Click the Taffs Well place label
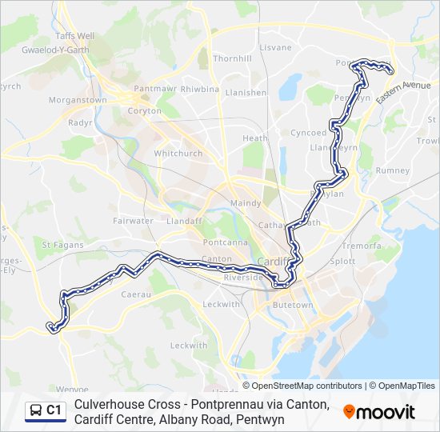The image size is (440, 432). click(x=74, y=36)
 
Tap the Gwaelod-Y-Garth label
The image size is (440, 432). click(x=54, y=48)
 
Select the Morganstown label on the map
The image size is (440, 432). click(x=78, y=100)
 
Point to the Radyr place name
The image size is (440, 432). click(x=80, y=123)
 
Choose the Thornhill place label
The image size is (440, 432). click(x=233, y=58)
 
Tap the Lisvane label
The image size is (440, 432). click(x=276, y=48)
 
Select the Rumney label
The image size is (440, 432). click(x=393, y=170)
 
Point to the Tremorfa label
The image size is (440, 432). click(x=362, y=246)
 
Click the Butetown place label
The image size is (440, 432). click(x=293, y=305)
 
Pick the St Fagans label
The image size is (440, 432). click(x=58, y=245)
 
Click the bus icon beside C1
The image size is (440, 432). click(x=36, y=410)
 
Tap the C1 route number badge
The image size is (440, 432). click(x=54, y=410)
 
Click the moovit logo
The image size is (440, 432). click(x=379, y=412)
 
